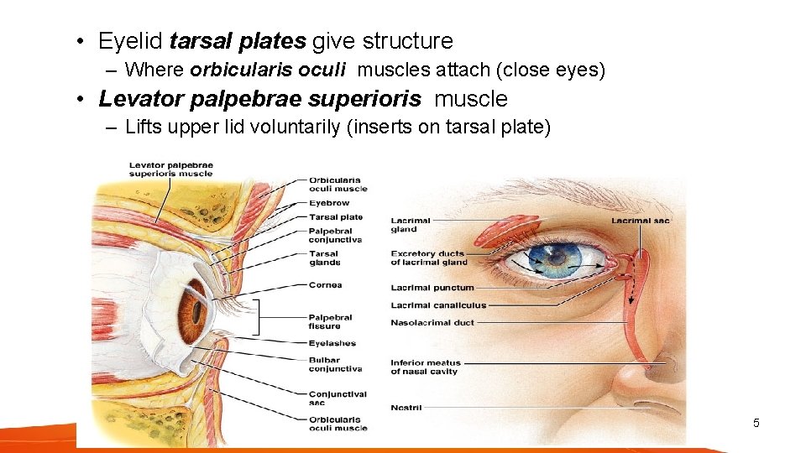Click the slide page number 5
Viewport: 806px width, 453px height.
tap(756, 423)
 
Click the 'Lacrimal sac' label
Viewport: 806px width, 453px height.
tap(641, 221)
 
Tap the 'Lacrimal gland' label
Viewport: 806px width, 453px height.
tap(411, 225)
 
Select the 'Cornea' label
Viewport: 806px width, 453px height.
tap(325, 285)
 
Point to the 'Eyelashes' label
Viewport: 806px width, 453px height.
tap(332, 343)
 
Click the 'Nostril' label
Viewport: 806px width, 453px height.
tap(406, 408)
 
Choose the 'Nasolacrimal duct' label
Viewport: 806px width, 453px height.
tap(432, 323)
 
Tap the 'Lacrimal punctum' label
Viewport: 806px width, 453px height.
tap(432, 288)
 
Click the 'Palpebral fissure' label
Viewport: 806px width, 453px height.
tap(330, 322)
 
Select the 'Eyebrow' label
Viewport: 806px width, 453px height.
tap(329, 203)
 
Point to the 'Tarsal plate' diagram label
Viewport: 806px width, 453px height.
tap(335, 217)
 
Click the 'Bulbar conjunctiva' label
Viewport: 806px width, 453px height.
tap(335, 365)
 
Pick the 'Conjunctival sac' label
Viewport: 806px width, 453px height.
tap(338, 398)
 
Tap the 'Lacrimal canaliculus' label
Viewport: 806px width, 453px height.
tap(437, 305)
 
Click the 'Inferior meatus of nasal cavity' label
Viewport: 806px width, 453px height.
tap(425, 367)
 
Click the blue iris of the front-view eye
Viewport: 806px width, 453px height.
tap(554, 259)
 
